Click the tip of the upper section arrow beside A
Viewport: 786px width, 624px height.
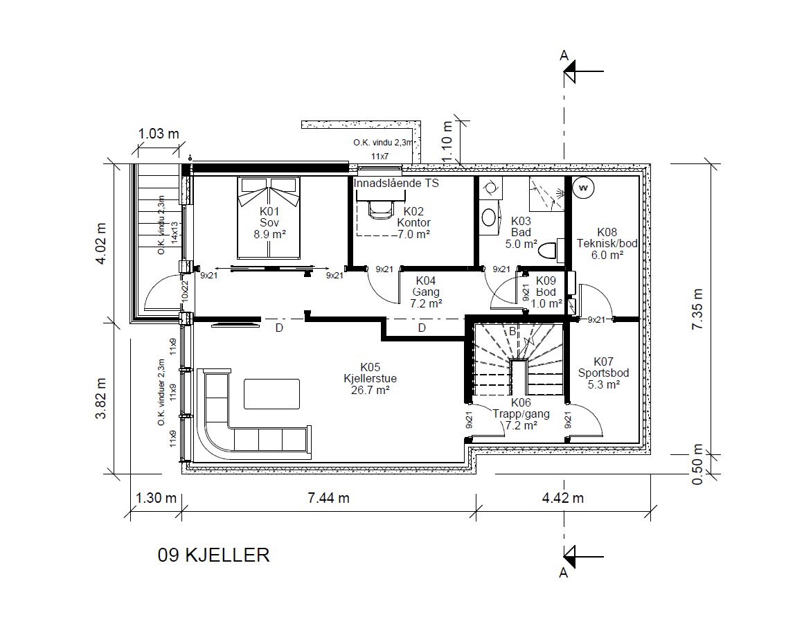point(564,71)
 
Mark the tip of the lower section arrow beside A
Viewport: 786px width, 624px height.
point(564,556)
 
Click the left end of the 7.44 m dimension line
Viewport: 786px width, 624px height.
point(181,511)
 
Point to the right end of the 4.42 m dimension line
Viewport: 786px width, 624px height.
point(651,511)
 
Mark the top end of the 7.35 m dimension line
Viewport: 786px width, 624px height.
point(711,164)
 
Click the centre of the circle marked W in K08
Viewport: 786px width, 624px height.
point(583,188)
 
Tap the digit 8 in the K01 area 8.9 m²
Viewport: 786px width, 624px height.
point(257,234)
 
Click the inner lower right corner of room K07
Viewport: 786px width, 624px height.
point(639,443)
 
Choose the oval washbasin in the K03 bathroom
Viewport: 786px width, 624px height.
point(489,217)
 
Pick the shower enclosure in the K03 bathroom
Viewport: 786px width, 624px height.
point(547,194)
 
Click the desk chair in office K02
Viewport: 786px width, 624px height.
point(380,210)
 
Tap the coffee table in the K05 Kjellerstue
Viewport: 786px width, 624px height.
point(271,394)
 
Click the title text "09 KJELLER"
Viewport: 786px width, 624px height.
point(213,555)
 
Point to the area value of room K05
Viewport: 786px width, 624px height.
point(370,390)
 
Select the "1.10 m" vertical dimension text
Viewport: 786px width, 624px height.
point(447,142)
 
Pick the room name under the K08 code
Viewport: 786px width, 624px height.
point(607,244)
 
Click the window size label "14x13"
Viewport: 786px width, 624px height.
point(175,233)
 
